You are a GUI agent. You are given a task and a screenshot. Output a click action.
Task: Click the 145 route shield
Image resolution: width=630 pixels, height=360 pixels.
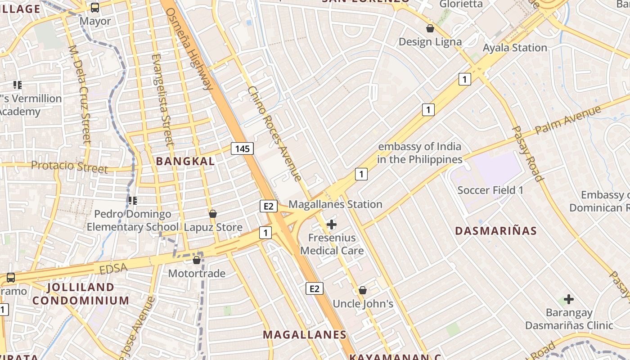coord(243,148)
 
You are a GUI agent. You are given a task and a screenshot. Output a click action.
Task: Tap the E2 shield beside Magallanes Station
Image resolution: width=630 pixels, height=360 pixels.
coord(268,206)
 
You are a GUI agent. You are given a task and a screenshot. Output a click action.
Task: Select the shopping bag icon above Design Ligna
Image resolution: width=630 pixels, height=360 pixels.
coord(430,28)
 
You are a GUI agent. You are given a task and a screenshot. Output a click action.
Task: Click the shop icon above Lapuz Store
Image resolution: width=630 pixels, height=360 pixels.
coord(213,213)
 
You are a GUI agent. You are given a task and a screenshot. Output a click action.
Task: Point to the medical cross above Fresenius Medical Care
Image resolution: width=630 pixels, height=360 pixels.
coord(332,224)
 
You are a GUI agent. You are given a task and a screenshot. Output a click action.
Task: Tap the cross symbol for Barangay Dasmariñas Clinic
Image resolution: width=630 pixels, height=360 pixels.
coord(569,299)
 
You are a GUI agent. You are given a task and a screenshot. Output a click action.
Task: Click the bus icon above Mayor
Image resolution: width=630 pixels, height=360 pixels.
coord(95,7)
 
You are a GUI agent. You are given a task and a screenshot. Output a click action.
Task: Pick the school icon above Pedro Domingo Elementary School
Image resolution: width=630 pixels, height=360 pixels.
coord(132,200)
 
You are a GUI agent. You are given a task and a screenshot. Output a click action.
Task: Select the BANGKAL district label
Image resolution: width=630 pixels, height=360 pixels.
coord(185,161)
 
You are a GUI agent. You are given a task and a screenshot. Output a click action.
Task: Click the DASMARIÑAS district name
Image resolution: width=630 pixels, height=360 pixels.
coord(496,231)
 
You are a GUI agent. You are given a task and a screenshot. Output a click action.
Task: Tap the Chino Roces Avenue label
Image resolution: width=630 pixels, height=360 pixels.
coord(274,134)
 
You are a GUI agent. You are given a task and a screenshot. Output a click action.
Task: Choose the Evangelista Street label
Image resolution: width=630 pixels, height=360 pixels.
coord(162,100)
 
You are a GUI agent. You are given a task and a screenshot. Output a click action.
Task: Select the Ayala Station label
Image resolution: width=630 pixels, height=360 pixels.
coord(515,48)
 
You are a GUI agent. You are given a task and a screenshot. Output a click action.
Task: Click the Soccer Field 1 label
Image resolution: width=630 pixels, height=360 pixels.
coord(490,190)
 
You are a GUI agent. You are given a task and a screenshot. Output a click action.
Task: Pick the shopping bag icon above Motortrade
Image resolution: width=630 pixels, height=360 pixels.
coord(197,260)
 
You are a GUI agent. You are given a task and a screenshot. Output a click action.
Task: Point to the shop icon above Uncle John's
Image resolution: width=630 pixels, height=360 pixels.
coord(363,290)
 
